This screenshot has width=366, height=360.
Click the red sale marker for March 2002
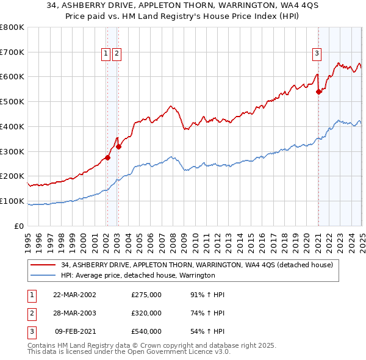(x=107, y=157)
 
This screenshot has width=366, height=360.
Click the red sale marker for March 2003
(x=119, y=146)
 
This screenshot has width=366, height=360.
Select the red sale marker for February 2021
(x=318, y=92)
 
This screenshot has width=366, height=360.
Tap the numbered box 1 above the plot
(x=106, y=54)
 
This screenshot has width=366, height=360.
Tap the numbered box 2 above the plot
(x=117, y=54)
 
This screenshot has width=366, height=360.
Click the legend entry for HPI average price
(x=138, y=276)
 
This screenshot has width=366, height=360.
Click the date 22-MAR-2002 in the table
(x=75, y=295)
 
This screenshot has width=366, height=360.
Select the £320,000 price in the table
(x=146, y=313)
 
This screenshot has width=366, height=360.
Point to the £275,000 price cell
(x=146, y=295)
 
